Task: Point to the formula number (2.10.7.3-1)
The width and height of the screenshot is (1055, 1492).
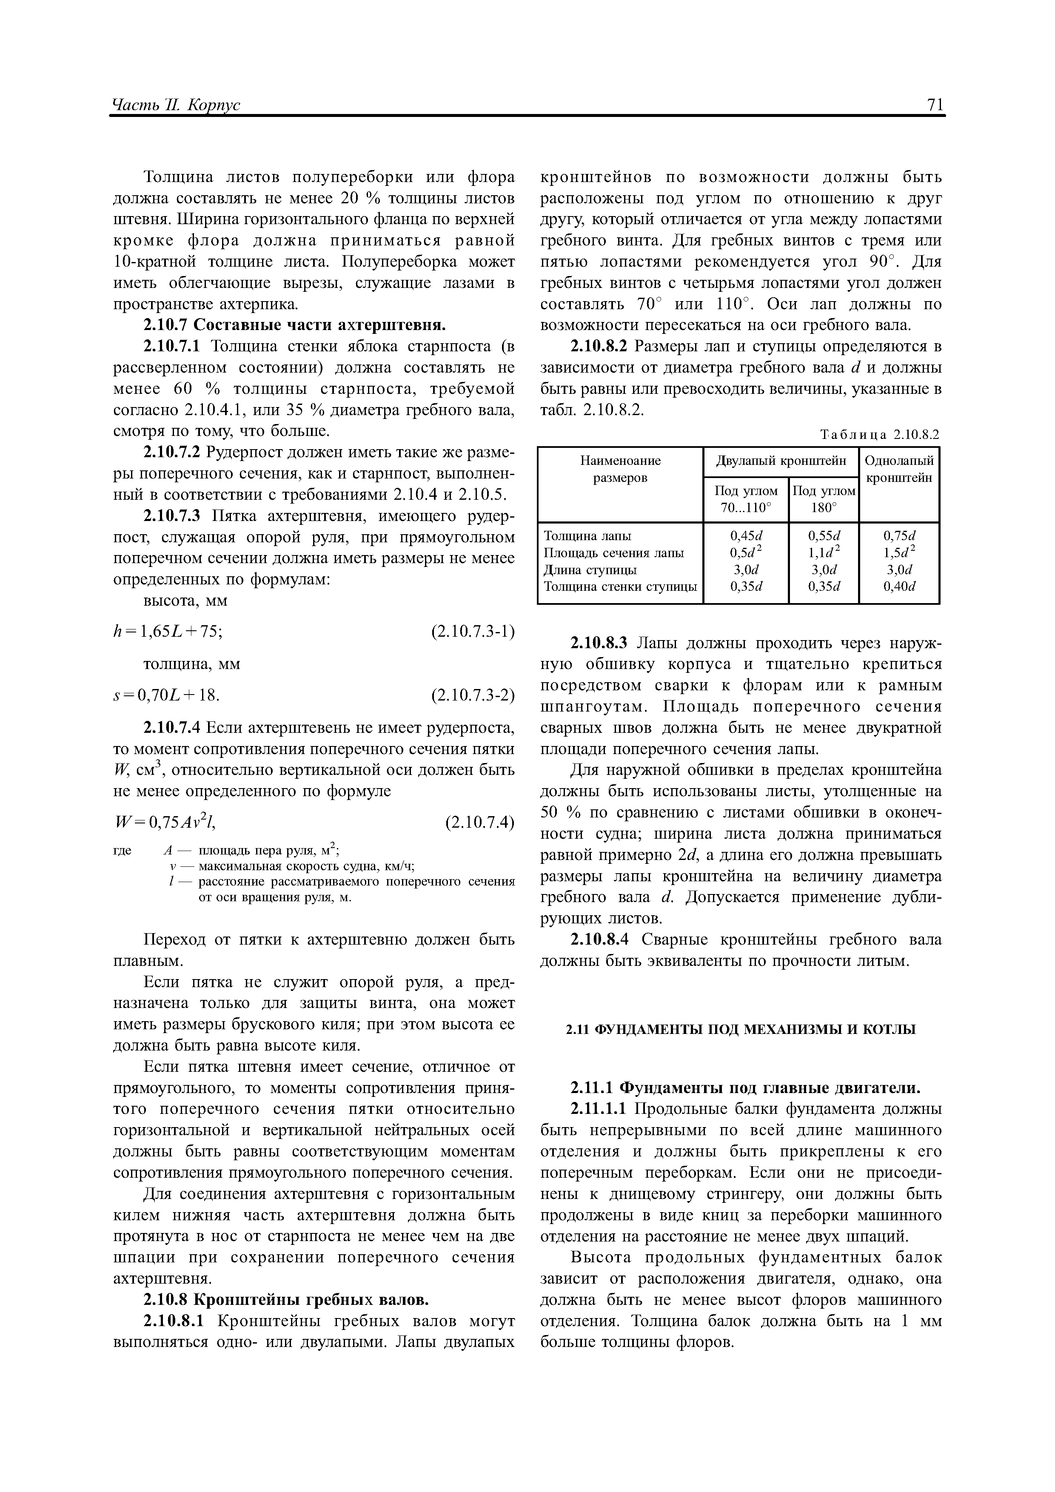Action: [x=473, y=632]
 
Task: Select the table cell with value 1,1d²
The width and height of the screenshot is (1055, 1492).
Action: [x=824, y=553]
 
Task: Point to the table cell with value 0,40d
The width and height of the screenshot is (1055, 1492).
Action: [x=899, y=587]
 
